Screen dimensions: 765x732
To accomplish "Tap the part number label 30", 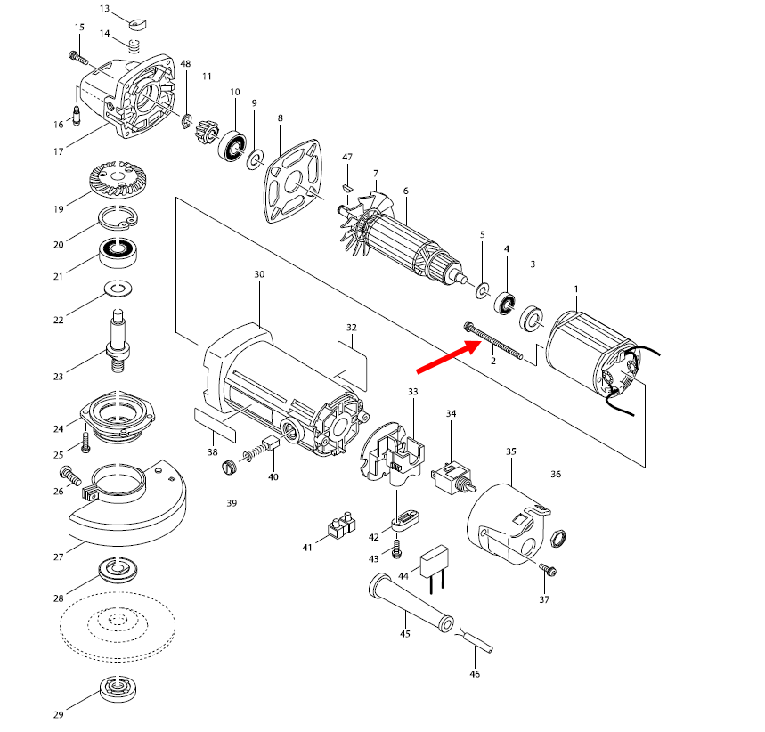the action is (259, 274).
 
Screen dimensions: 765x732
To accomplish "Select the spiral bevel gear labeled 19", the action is (118, 176).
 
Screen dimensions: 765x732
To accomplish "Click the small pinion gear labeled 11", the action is (206, 131).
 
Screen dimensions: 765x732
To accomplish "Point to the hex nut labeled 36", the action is (558, 538).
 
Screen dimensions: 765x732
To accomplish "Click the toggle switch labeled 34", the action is (453, 476).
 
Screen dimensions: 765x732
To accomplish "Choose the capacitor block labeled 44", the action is (435, 568).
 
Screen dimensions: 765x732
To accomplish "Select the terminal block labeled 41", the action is (341, 525).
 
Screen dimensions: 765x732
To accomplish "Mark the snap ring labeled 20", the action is (118, 218).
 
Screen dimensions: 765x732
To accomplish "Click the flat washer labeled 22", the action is (118, 288).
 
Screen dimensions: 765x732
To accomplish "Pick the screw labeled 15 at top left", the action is (78, 58).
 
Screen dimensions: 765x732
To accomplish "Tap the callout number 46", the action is (475, 674).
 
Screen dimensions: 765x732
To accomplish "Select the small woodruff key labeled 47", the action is (347, 186).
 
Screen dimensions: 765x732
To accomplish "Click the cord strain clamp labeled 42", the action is (405, 521).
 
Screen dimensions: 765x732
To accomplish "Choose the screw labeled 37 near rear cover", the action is (548, 570).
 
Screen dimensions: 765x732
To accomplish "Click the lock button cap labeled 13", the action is (138, 23).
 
